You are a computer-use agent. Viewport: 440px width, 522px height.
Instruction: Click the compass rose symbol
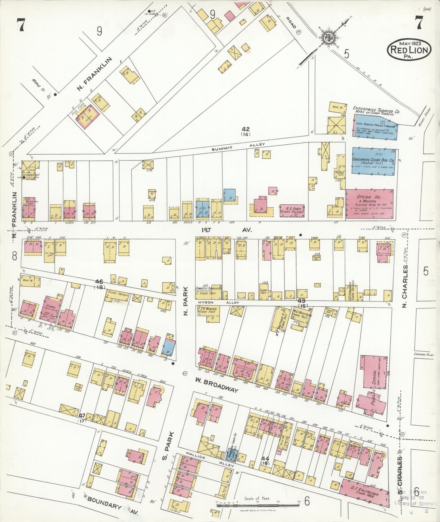[329, 37]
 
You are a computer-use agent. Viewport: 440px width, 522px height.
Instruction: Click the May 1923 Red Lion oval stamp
[409, 49]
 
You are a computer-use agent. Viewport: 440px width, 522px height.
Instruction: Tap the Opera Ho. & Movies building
[369, 203]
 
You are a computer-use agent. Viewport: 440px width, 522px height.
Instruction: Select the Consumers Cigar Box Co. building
[373, 161]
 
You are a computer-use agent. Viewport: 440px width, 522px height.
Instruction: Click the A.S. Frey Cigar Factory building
[292, 210]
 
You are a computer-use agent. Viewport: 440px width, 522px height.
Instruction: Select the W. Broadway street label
[216, 385]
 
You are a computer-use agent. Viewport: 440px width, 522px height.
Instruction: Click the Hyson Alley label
[218, 303]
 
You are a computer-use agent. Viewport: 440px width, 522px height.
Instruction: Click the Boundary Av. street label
[112, 506]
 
